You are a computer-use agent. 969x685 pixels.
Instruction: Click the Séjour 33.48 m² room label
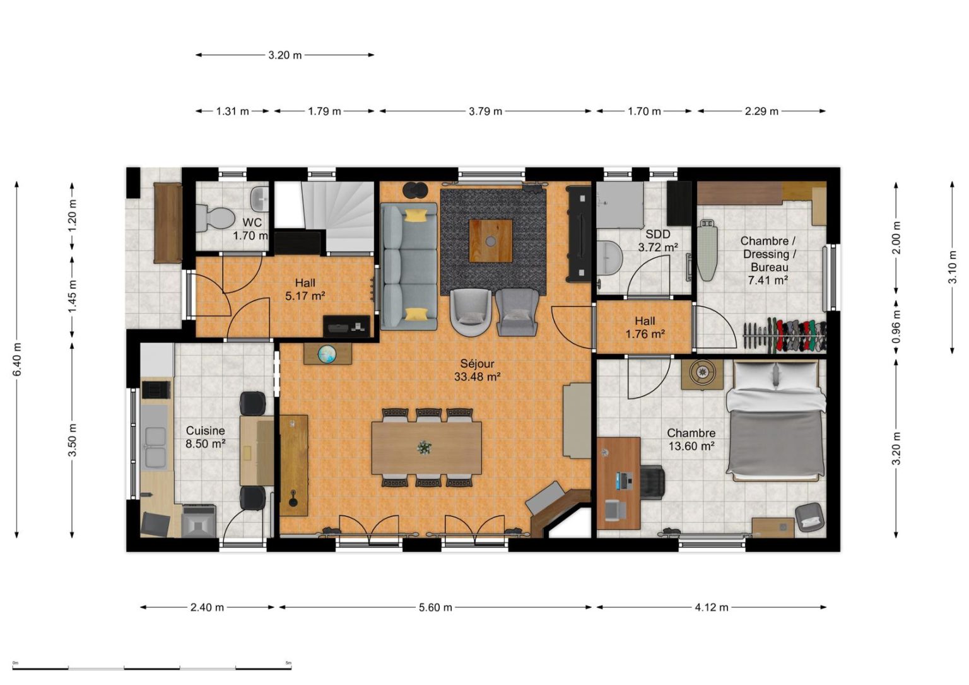(x=477, y=370)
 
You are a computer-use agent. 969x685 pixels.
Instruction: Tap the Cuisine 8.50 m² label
(x=206, y=436)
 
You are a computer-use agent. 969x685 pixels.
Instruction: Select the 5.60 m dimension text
(x=435, y=607)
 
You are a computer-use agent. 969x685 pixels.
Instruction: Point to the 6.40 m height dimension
(x=17, y=359)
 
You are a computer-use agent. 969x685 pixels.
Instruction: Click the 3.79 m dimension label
(x=485, y=111)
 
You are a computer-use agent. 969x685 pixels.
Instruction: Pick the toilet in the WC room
(x=214, y=216)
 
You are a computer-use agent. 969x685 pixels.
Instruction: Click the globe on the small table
(x=327, y=354)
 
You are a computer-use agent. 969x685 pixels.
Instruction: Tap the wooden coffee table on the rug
(x=491, y=240)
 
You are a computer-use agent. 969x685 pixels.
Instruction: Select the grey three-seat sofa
(x=409, y=267)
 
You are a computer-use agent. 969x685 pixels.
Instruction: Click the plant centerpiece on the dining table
(x=425, y=448)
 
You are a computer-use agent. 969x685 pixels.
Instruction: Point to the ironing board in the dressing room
(x=707, y=250)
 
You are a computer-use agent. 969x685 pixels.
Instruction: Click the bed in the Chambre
(x=775, y=420)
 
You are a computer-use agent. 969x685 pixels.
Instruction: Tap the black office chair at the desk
(x=652, y=482)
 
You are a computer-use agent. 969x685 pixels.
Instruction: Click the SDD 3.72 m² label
(x=658, y=240)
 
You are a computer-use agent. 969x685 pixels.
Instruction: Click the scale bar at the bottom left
(x=152, y=667)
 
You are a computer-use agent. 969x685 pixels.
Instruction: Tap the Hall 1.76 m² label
(x=645, y=327)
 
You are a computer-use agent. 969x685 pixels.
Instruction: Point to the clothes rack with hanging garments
(x=785, y=335)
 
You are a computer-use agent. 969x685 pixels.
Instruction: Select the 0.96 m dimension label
(x=896, y=327)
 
